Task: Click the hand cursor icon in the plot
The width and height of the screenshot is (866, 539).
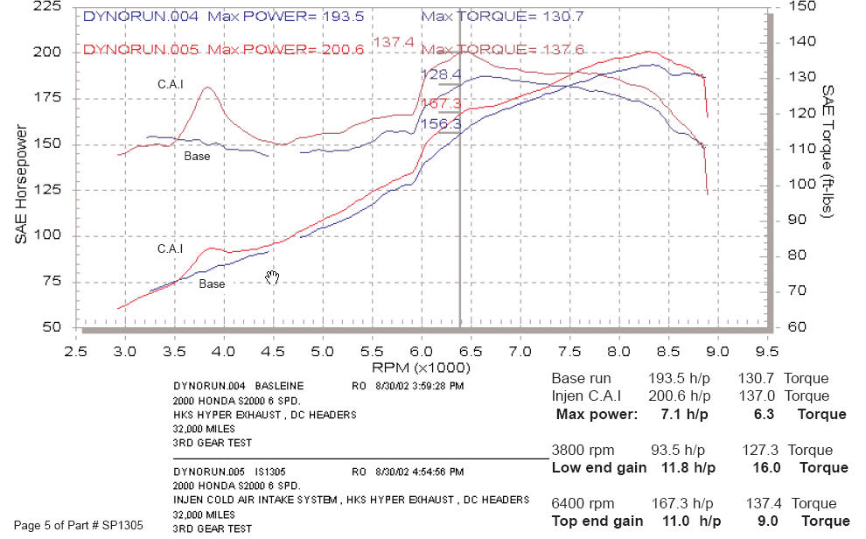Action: tap(273, 277)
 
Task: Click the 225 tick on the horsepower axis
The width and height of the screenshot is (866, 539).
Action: tap(48, 7)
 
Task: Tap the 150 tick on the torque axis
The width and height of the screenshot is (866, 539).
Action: tap(801, 7)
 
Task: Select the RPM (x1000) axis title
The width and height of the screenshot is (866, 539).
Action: tap(422, 367)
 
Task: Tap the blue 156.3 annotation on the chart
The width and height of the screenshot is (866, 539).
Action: tap(442, 124)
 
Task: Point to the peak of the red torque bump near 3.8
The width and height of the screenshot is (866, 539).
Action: tap(207, 87)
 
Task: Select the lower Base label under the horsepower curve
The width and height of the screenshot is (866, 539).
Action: tap(211, 284)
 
